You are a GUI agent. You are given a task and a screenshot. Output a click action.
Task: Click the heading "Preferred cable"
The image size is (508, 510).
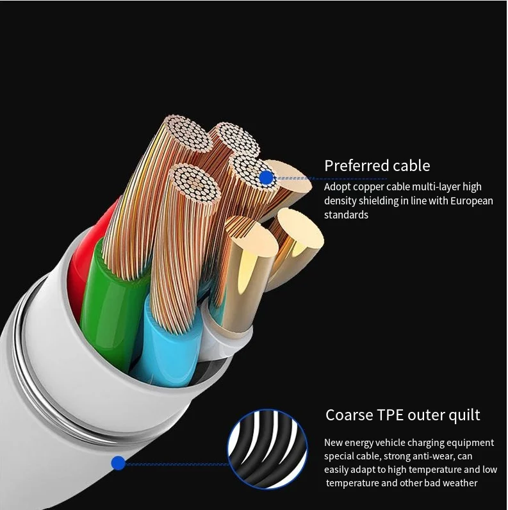[377, 166]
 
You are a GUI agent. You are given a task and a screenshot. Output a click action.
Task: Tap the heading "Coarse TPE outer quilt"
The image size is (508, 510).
[402, 415]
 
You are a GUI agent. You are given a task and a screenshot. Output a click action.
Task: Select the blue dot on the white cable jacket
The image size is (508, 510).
[118, 463]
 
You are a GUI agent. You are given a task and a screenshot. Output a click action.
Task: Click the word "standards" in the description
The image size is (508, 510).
[346, 215]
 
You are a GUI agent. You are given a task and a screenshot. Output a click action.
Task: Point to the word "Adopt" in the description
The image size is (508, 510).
[337, 187]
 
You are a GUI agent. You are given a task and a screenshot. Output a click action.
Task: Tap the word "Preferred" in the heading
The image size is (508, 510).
[356, 166]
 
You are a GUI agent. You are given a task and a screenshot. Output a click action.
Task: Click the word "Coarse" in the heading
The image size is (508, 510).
[348, 415]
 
